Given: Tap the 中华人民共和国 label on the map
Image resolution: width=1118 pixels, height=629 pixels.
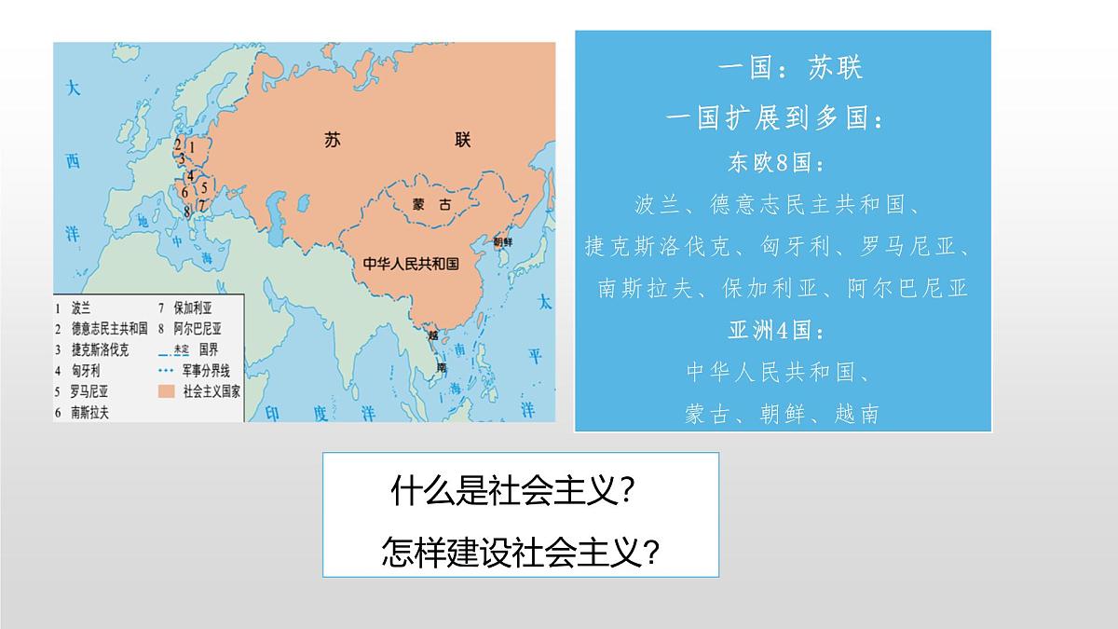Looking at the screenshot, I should (411, 264).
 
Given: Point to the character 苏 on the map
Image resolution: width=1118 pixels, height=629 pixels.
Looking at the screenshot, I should (334, 142).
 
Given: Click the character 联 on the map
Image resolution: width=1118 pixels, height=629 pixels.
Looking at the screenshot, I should (463, 141).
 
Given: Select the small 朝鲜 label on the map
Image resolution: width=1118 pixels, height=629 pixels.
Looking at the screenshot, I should (502, 240).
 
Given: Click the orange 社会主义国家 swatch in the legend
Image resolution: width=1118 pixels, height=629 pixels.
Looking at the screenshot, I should (168, 391).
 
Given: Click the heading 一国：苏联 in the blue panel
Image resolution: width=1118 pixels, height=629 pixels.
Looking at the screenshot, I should (791, 68).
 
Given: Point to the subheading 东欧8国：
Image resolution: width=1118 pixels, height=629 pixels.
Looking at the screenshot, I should (776, 164).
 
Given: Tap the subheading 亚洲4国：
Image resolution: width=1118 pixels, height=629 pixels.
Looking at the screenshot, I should (776, 331).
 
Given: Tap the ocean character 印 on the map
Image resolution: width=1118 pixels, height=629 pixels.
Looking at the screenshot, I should (272, 412).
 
